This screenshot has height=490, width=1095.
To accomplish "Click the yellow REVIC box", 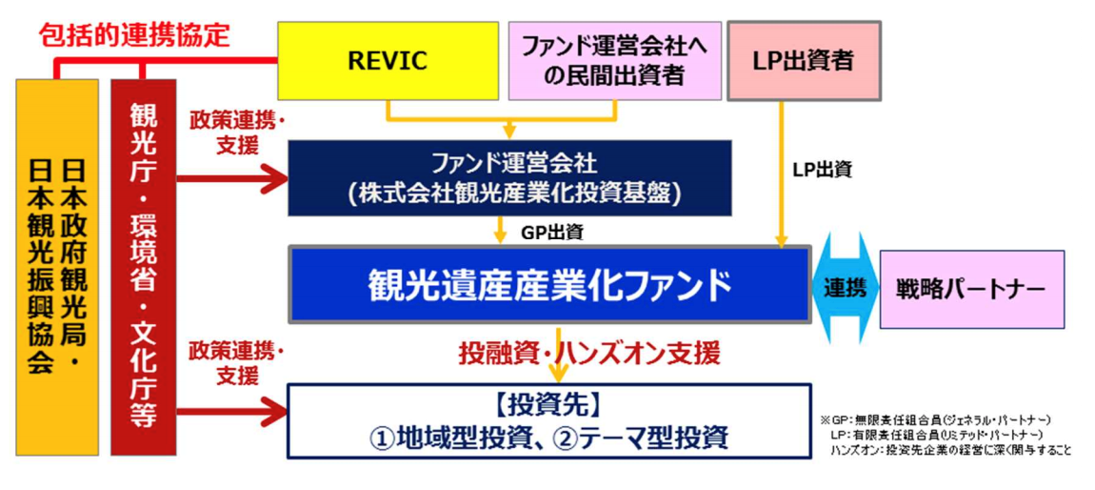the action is pos(388,61).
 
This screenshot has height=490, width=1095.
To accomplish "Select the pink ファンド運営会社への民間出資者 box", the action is pos(614,61).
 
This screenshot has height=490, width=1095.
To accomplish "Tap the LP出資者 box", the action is pos(804,61).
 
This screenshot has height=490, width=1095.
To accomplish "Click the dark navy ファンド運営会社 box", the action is pos(509,177).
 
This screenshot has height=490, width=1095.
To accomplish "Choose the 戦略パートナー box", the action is pos(971,290).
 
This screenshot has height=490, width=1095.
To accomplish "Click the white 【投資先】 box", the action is pos(548,420).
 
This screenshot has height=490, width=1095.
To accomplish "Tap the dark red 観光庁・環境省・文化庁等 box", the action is pos(144,267).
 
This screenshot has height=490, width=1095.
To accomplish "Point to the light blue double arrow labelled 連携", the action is pos(846,288).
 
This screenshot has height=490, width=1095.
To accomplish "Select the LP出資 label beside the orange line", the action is pos(823,169).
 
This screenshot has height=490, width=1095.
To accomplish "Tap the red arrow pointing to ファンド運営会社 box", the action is pos(232,179).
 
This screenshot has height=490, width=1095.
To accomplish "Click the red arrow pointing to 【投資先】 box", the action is pos(232,409).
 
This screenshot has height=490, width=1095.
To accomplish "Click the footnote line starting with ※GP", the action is pos(936,419).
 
